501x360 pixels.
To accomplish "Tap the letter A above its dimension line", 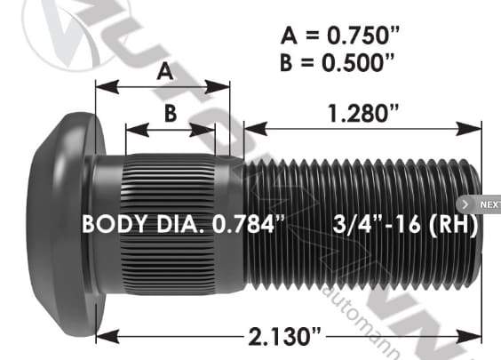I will (163, 72).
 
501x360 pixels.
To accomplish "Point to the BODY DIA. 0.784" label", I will (183, 224).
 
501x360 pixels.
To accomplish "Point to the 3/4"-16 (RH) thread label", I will (405, 224).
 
